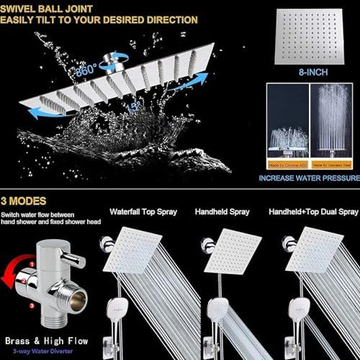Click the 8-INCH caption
click(311, 73)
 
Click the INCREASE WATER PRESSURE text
click(311, 177)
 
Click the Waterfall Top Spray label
click(148, 214)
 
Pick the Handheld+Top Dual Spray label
click(312, 214)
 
